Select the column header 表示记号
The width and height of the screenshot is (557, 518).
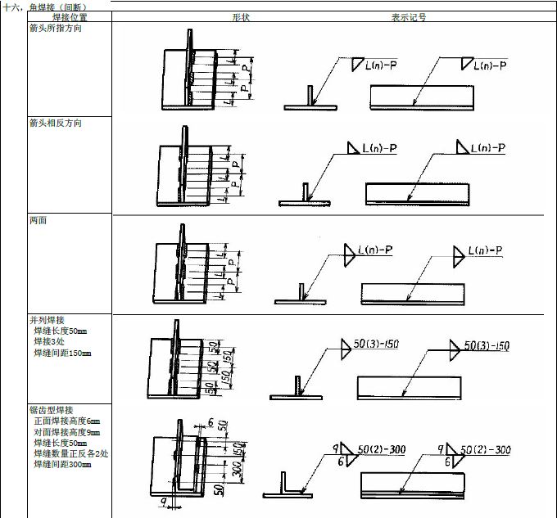(407, 16)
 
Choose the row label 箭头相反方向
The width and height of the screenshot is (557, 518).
(56, 123)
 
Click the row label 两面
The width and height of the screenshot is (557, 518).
(38, 220)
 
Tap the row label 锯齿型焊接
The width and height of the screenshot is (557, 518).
(51, 410)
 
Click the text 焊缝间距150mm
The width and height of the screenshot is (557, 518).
(62, 353)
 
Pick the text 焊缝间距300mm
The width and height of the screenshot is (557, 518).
(62, 464)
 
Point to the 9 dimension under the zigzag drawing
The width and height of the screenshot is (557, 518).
(164, 502)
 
